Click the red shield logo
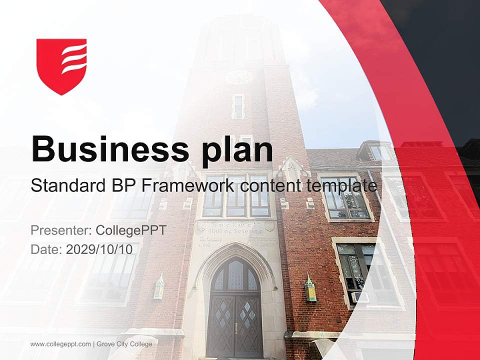[61, 65]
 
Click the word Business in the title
[106, 148]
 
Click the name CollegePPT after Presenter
[130, 230]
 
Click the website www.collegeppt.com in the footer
[60, 344]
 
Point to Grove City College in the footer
[124, 344]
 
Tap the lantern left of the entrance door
[159, 287]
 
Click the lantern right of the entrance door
[310, 289]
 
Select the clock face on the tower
[239, 77]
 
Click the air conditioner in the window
[360, 297]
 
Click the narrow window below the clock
[238, 106]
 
